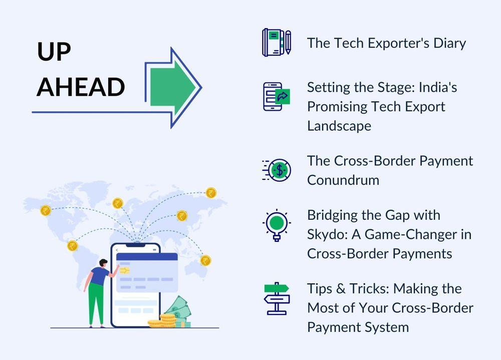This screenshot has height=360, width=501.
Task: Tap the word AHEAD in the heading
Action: [81, 87]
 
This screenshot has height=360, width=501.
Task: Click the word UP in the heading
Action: [54, 52]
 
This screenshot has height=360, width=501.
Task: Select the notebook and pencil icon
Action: [277, 43]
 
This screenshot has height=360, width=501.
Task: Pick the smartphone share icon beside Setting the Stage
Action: [277, 97]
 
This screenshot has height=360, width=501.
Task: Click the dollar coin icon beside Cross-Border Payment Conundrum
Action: [277, 170]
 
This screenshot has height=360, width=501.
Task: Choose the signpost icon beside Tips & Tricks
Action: [277, 298]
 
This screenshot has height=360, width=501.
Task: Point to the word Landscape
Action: [339, 126]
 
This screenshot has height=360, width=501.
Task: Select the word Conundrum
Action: [343, 180]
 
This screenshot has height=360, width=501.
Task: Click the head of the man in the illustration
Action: [103, 263]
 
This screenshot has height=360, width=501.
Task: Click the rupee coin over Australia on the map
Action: [205, 261]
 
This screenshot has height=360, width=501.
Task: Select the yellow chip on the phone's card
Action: [125, 270]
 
